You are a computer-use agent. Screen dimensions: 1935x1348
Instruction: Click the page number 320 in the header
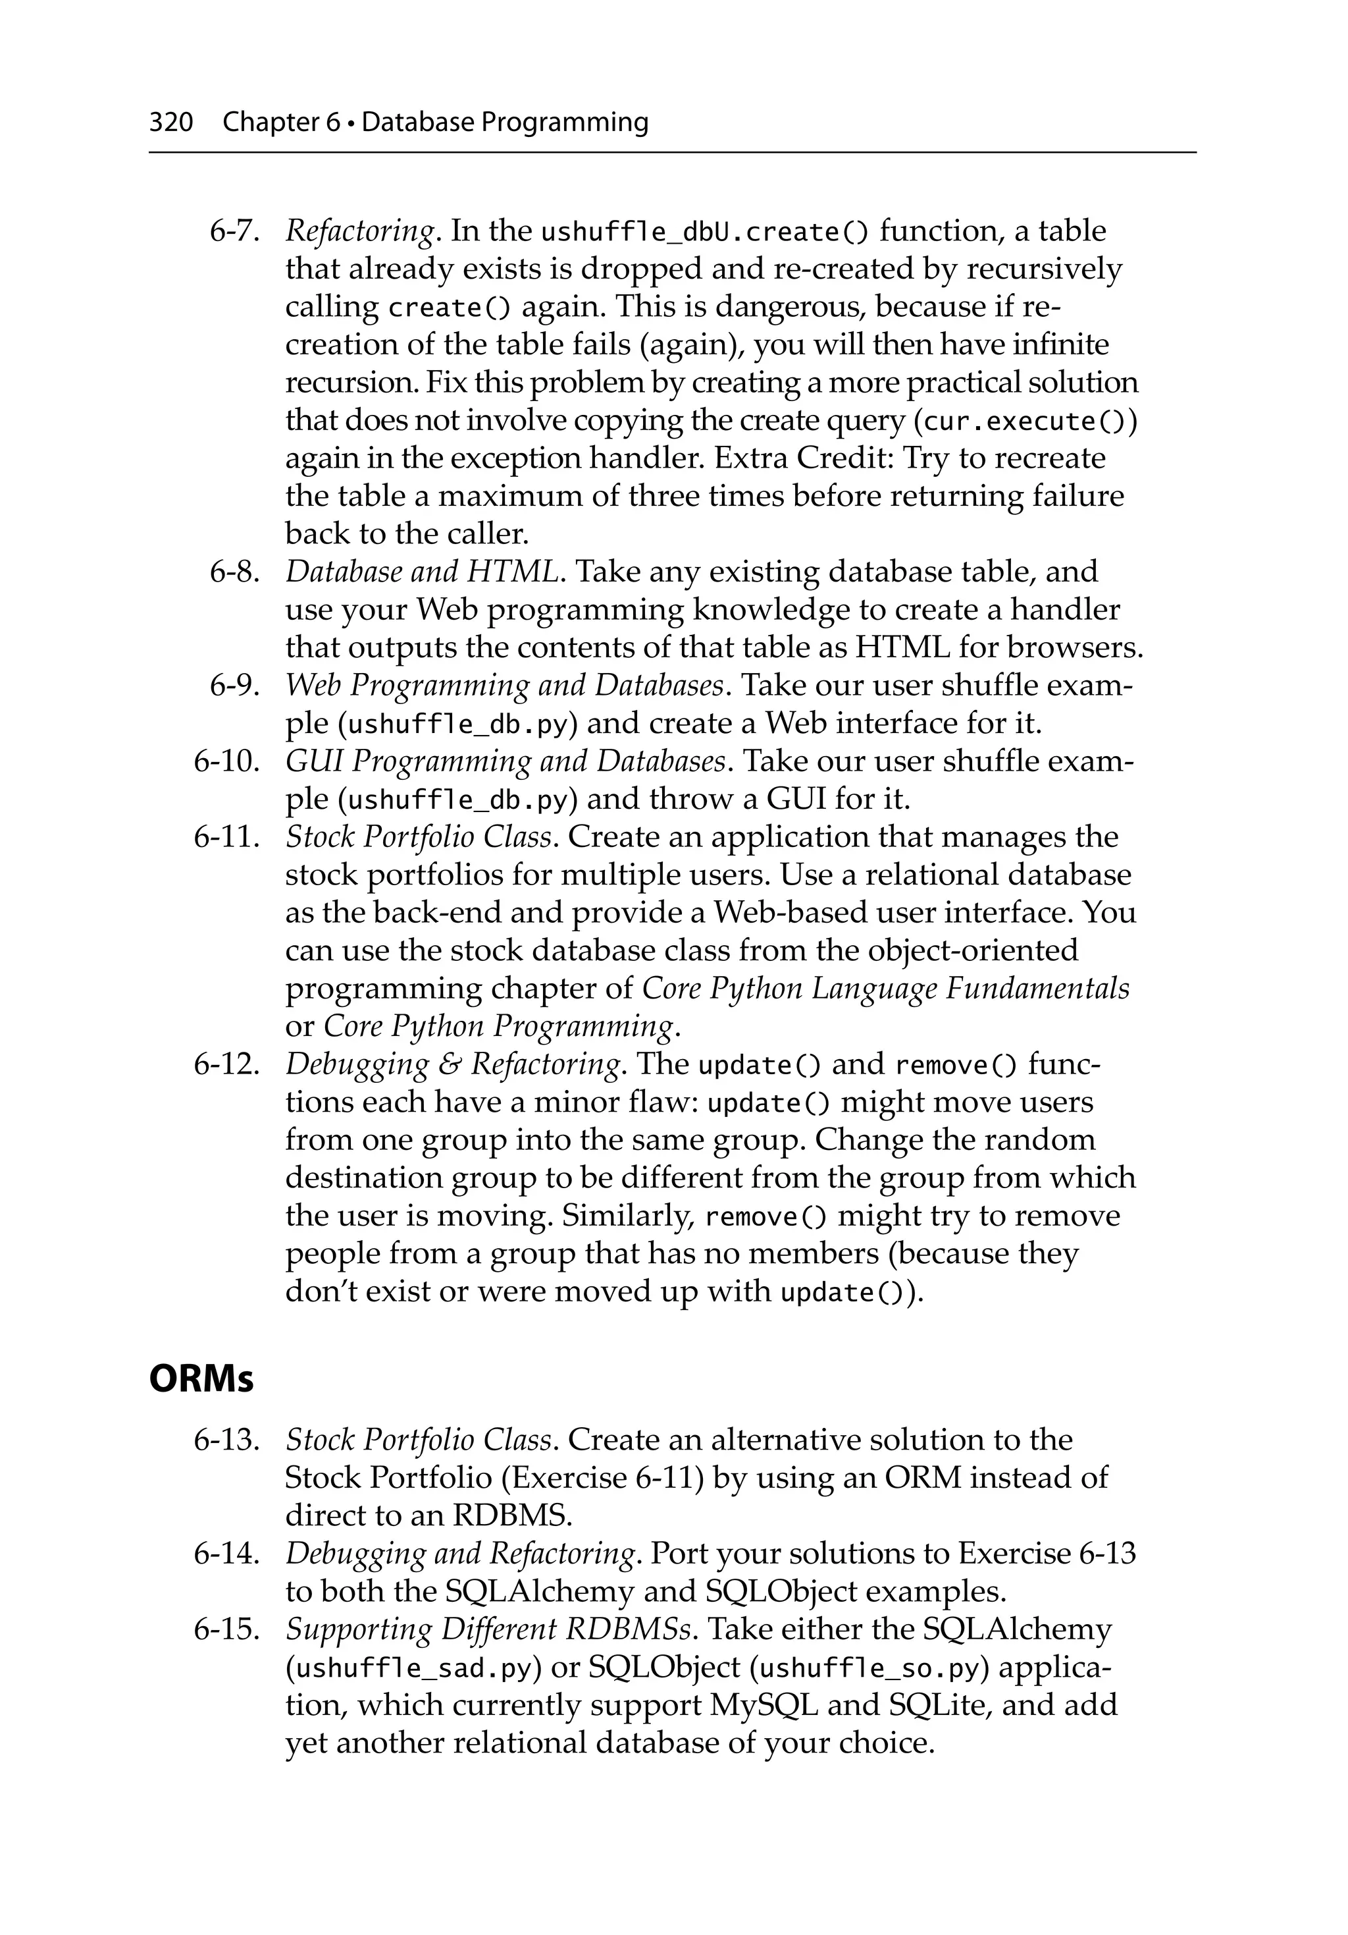[x=171, y=123]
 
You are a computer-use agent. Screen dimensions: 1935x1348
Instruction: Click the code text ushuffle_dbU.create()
[x=704, y=232]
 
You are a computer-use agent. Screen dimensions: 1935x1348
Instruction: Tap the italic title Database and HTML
[x=422, y=572]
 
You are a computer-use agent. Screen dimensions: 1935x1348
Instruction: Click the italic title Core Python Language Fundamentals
[x=885, y=988]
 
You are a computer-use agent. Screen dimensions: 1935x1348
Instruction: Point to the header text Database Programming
[x=505, y=123]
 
